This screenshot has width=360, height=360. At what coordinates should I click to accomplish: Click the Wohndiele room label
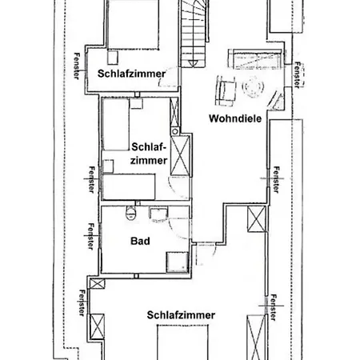(x=235, y=118)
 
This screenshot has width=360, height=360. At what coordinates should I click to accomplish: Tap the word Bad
(x=140, y=241)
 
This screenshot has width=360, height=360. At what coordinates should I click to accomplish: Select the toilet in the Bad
(x=130, y=213)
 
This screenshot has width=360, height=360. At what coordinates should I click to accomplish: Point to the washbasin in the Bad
(x=158, y=214)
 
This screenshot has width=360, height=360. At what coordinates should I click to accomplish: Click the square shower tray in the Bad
(x=177, y=262)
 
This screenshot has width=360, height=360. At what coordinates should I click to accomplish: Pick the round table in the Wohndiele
(x=253, y=86)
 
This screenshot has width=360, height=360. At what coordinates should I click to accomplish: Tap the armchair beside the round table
(x=226, y=90)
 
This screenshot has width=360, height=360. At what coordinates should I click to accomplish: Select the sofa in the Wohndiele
(x=255, y=59)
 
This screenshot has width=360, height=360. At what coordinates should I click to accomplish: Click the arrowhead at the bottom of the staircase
(x=193, y=63)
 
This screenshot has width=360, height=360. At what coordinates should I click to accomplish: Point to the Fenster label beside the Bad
(x=91, y=237)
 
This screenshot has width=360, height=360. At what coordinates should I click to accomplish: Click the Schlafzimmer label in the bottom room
(x=181, y=315)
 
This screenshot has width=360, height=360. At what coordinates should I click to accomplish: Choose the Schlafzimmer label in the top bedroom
(x=131, y=74)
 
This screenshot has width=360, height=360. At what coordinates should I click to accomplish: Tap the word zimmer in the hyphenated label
(x=149, y=161)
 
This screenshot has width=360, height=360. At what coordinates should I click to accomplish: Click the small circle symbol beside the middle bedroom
(x=175, y=131)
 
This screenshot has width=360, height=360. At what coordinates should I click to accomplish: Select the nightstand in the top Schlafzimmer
(x=113, y=58)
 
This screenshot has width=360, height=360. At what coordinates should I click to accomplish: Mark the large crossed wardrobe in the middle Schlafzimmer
(x=180, y=155)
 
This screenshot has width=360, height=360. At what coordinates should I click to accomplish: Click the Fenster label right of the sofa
(x=297, y=75)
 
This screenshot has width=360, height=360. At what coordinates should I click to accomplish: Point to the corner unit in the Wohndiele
(x=276, y=101)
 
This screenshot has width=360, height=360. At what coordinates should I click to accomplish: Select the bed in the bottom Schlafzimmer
(x=182, y=342)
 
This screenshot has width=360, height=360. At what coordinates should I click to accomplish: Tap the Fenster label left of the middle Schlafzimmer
(x=91, y=179)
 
